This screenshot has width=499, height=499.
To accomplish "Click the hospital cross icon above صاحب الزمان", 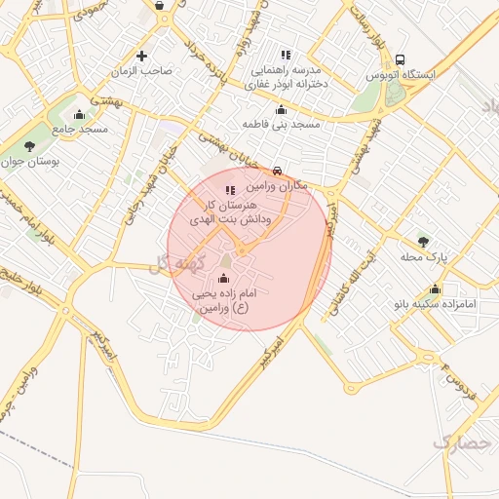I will [142, 56].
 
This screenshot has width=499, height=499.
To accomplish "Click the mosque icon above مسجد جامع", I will [79, 115].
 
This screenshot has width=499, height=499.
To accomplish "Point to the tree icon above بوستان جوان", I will [30, 146].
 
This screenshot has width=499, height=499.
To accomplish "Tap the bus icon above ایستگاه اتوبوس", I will [402, 58].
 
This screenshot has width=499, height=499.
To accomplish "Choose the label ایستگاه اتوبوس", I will [402, 74].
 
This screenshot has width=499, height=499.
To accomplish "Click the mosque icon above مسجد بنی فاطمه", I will [282, 110].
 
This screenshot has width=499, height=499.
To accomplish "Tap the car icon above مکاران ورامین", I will [279, 170].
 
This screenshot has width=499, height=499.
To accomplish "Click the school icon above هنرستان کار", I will [230, 191].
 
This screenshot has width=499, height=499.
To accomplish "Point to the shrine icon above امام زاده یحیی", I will [224, 279].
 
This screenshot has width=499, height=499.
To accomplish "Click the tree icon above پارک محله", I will [422, 241].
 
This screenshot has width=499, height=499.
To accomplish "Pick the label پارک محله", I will [423, 256].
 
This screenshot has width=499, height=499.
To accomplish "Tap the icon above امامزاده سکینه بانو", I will [435, 288].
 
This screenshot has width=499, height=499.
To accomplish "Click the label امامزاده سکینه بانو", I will [434, 304].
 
